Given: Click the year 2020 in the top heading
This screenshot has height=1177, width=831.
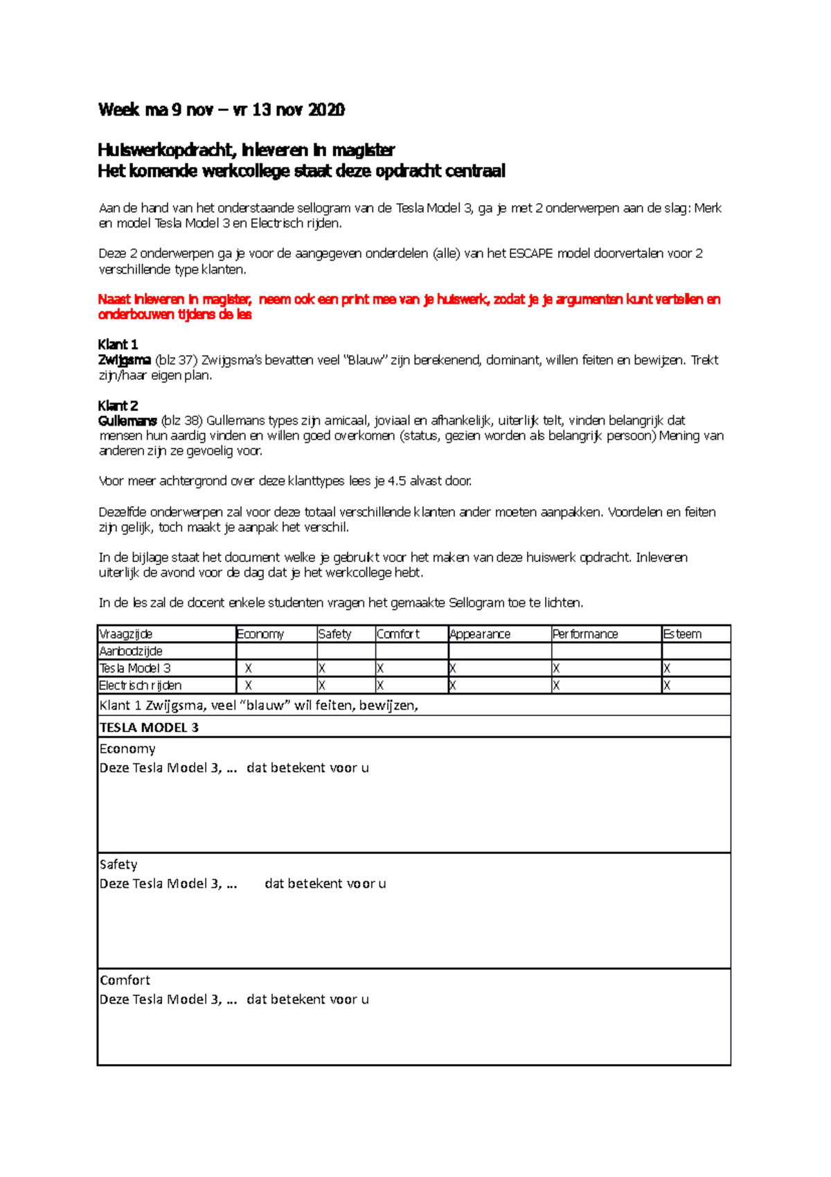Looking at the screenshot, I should pos(325,110).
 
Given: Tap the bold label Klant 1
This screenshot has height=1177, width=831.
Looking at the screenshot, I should pos(118,345).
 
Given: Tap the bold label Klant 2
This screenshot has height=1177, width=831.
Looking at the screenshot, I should pos(118,406).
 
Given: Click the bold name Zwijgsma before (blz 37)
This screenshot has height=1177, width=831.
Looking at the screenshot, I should pos(124,360).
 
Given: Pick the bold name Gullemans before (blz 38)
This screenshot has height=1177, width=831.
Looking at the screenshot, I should pos(127,421).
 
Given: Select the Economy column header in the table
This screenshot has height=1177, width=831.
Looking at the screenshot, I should pos(260,634).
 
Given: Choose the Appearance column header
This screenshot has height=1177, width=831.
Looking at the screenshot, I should pos(480,634).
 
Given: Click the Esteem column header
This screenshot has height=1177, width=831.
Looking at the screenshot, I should pos(682,634).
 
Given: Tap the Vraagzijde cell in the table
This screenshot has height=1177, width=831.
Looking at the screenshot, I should pos(126,634).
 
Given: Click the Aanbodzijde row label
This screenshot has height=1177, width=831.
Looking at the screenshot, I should pos(131,652).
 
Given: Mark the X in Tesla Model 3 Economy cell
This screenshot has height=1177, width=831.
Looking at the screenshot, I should pos(249,669).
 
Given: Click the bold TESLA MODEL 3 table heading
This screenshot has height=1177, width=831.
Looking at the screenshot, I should pos(149,727).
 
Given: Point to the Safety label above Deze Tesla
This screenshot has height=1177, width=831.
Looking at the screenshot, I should pos(118,864).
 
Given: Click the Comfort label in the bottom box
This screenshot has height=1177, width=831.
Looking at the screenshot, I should pos(125,980).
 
